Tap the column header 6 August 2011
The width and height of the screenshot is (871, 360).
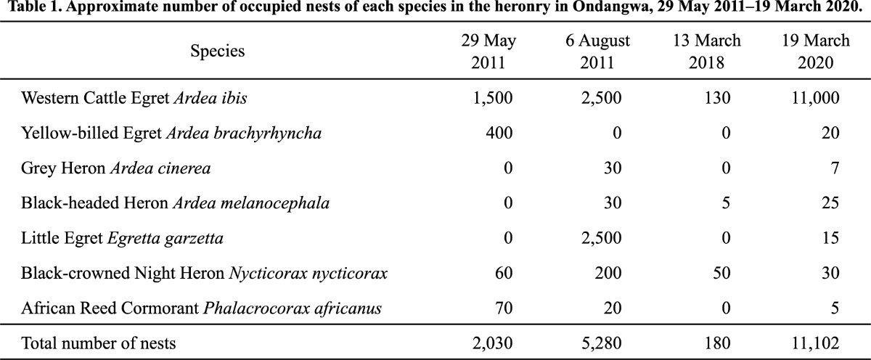point(597,52)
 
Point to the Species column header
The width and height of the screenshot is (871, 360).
point(217,52)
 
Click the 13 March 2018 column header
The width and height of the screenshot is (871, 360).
point(707,52)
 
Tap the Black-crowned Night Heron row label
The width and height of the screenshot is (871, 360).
point(204,274)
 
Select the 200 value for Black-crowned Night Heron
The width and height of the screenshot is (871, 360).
point(608,274)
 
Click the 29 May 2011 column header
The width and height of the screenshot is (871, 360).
point(488,52)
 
